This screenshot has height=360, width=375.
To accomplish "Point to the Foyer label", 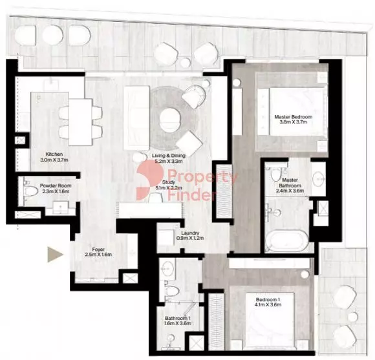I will tap(98, 248).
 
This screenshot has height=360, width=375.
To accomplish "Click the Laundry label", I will tap(189, 233).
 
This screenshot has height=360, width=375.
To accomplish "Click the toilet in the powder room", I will tap(30, 193).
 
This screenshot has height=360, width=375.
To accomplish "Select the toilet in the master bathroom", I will tap(276, 175).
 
